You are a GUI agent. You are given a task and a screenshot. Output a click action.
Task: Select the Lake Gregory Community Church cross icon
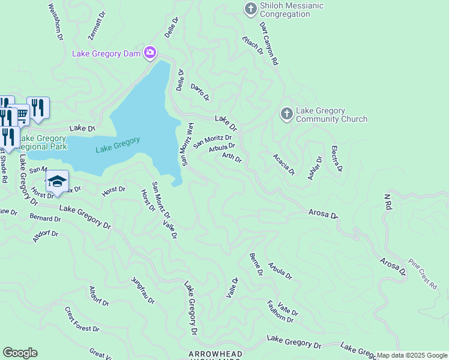click(x=287, y=113)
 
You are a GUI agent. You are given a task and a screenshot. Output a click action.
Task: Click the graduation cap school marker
click(x=57, y=181)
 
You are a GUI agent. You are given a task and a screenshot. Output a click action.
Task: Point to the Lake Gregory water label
click(x=118, y=145)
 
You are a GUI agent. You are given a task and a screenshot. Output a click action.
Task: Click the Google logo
click(x=20, y=353)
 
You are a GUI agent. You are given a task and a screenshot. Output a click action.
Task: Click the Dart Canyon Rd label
click(x=268, y=44)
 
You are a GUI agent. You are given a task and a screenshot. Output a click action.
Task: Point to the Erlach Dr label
click(x=253, y=45)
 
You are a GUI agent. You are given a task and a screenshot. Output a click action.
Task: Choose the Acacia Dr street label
click(x=284, y=164)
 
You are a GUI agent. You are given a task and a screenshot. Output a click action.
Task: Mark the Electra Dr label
click(x=336, y=158)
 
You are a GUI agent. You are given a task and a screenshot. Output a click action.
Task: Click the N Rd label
click(x=388, y=202)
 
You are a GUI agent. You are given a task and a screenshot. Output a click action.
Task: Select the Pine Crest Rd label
click(x=423, y=273)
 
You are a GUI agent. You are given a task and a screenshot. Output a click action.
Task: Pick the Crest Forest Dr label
click(x=82, y=319)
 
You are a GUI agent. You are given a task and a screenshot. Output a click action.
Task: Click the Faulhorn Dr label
click(x=280, y=311)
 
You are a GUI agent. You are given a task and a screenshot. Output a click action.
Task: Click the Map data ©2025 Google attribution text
click(x=412, y=355)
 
